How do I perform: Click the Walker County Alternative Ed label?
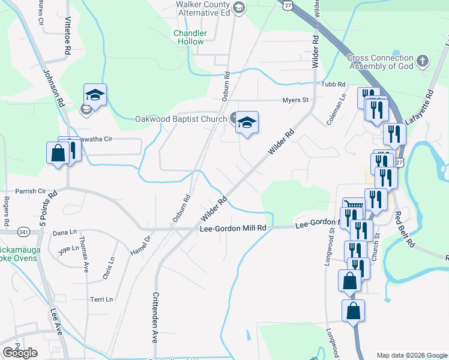tap(203, 8)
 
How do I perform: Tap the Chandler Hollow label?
tap(190, 37)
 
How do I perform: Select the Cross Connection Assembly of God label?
tap(381, 62)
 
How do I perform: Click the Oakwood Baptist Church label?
tap(180, 119)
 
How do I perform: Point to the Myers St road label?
tap(295, 100)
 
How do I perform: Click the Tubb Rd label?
tap(334, 85)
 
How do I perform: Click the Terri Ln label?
tap(101, 299)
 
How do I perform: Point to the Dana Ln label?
tap(65, 232)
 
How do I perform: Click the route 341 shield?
tap(24, 230)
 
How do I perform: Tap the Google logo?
tap(20, 353)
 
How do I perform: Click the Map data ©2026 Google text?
tap(411, 355)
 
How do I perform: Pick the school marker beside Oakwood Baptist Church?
tap(246, 122)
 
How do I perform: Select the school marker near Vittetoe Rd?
tap(95, 95)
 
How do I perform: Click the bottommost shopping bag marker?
tap(353, 311)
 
